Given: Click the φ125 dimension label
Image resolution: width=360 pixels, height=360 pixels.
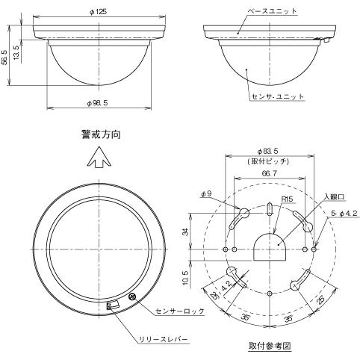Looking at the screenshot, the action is click(99, 12).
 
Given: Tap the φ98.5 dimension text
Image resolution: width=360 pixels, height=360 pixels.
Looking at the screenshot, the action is click(97, 103).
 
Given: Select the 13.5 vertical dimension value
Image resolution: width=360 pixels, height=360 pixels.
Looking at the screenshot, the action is click(16, 52).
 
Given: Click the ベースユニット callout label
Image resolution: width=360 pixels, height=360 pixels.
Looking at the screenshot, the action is click(272, 11).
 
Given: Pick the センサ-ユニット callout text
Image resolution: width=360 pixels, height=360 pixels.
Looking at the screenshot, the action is click(278, 96).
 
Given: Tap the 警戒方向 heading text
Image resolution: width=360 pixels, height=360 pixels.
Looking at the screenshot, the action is click(101, 134).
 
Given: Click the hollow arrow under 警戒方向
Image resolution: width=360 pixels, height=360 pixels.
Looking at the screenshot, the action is click(99, 158).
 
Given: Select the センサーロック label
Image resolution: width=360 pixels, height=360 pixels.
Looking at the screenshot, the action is click(180, 311).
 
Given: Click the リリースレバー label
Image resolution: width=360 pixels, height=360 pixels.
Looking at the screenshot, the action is click(164, 339).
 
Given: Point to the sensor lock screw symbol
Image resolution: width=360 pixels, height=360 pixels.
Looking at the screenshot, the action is click(132, 297).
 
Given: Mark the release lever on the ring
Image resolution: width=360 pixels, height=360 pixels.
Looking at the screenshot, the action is click(112, 305).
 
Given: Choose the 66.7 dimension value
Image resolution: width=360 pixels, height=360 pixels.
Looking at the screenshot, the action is click(269, 173).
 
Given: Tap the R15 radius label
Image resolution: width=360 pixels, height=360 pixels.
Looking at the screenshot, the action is click(288, 199).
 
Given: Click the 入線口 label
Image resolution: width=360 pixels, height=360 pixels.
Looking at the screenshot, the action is click(335, 196).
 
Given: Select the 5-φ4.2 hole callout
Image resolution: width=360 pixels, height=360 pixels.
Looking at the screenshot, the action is click(344, 214).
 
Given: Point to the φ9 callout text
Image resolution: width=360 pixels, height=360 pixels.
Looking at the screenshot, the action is click(206, 193).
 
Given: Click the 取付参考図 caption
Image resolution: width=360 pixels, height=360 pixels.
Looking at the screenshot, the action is click(270, 346).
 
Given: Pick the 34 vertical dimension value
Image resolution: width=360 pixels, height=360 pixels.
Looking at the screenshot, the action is click(185, 232).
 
